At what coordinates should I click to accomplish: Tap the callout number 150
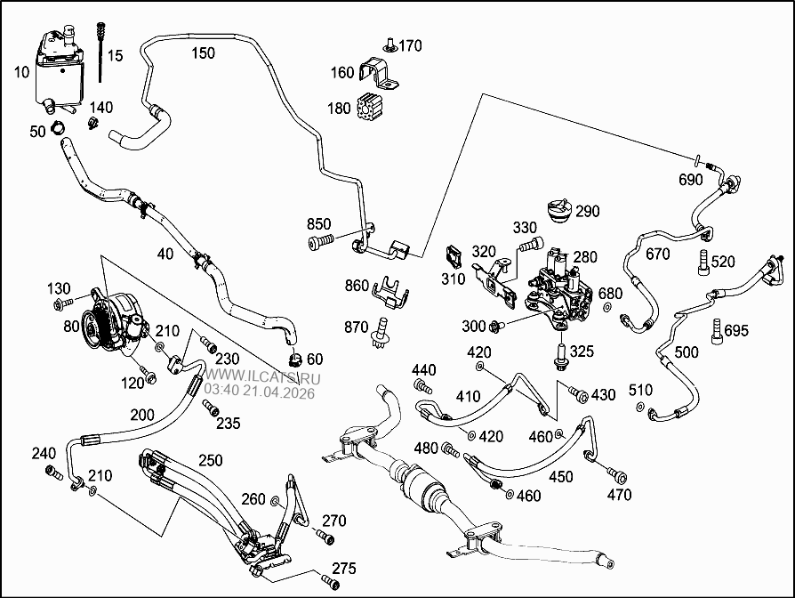click(x=203, y=53)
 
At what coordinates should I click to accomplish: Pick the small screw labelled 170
click(x=389, y=45)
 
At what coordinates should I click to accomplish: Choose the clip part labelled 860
click(x=388, y=289)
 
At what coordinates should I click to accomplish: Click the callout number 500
click(x=687, y=352)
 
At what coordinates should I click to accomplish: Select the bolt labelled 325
click(x=561, y=357)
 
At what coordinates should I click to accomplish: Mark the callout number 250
click(x=210, y=461)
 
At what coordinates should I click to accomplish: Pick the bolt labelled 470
click(x=614, y=473)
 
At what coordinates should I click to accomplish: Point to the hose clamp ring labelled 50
click(x=60, y=131)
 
